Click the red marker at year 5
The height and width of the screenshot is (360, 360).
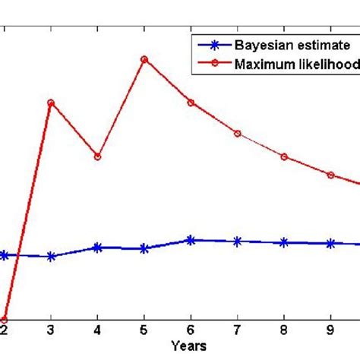144,59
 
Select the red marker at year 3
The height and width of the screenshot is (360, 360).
51,103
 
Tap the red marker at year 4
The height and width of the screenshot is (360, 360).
97,156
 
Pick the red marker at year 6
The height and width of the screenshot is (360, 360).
191,103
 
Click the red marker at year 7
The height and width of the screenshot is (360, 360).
238,134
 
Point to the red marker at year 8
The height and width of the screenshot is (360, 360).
284,156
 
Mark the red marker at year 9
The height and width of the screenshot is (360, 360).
330,175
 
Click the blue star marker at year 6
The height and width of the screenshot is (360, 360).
191,240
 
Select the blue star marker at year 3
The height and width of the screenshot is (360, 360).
51,257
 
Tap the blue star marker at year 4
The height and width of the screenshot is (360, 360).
97,248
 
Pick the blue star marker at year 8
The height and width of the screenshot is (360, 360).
284,242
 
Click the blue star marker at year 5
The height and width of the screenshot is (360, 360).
144,248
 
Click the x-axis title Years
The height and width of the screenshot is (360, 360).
188,346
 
